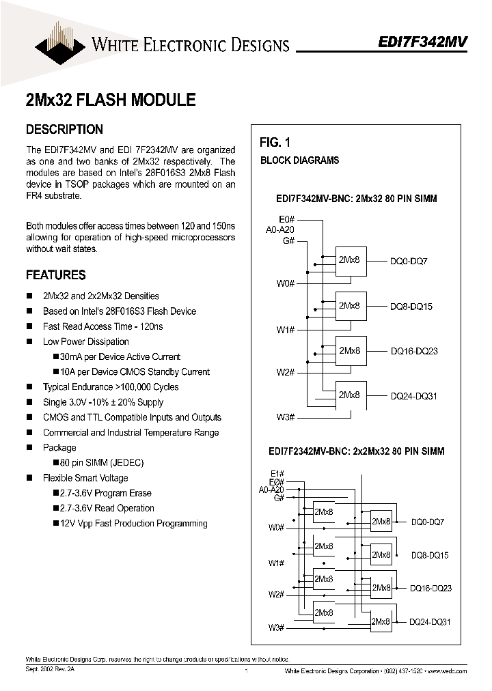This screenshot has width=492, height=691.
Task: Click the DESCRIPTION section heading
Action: tap(64, 129)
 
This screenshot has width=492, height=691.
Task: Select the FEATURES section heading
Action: tap(55, 275)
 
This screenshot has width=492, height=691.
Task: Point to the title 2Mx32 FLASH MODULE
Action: tap(110, 100)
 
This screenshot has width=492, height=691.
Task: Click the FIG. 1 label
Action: tap(275, 143)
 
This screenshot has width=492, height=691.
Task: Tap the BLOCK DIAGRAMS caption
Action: tap(299, 160)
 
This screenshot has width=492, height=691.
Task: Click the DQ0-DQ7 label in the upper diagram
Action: tap(409, 262)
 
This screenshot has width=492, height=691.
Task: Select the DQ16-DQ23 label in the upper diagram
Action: tap(413, 351)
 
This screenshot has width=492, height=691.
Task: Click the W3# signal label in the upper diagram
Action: tap(285, 417)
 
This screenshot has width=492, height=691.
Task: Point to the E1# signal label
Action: tap(277, 473)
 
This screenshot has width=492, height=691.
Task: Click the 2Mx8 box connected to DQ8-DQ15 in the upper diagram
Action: tap(351, 306)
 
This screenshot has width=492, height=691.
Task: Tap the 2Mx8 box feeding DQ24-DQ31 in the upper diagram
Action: tap(351, 395)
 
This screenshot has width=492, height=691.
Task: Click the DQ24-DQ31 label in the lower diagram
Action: tap(430, 622)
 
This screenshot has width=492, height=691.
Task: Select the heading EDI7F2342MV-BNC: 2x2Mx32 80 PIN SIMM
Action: tap(356, 451)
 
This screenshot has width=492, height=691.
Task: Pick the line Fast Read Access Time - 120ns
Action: tap(102, 326)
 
